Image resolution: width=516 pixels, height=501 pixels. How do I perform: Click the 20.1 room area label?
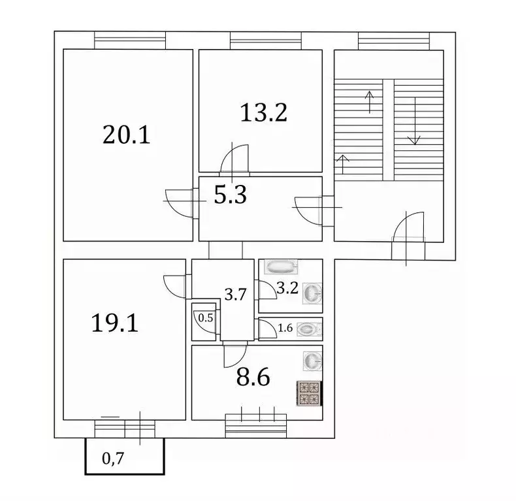click(x=127, y=135)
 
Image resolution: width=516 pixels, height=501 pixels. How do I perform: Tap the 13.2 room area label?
click(x=264, y=113)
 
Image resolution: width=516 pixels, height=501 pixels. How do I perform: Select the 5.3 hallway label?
click(x=231, y=195)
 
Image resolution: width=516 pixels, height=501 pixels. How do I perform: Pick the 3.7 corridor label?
click(x=235, y=295)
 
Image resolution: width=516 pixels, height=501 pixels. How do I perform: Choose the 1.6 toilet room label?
click(x=285, y=329)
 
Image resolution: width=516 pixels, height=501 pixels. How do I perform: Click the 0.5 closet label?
click(x=205, y=318)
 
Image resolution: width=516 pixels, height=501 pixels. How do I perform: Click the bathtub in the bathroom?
click(x=280, y=267)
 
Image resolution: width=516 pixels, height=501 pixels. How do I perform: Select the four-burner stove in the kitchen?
click(x=310, y=393)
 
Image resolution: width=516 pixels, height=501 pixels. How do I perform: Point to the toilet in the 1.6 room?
click(x=308, y=329)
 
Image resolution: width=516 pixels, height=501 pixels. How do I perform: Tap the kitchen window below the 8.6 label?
click(x=257, y=425)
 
